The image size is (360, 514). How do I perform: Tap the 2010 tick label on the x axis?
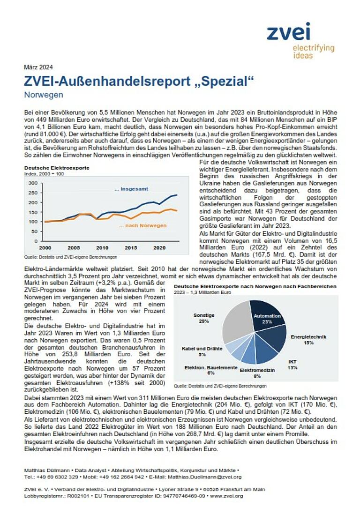pos(102,247)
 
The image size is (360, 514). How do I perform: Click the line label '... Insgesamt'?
pos(131,189)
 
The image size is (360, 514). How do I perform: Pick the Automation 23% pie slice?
pos(266,318)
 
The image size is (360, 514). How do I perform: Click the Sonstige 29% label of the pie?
pos(204,318)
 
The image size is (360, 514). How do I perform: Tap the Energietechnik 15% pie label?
pos(308,339)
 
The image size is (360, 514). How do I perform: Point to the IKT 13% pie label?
pos(292,365)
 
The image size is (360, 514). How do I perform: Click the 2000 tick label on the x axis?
pos(45,247)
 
